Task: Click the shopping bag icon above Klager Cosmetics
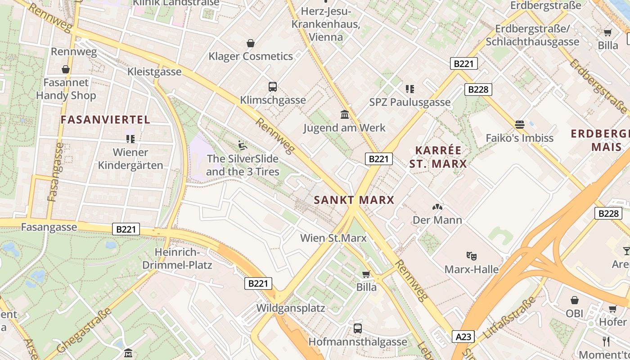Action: tap(251, 43)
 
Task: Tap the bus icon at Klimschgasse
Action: tap(272, 87)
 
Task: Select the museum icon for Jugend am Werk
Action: tap(345, 114)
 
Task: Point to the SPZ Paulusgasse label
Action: tap(409, 102)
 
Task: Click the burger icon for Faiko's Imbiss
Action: tap(520, 124)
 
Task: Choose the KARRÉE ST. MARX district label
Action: tap(438, 157)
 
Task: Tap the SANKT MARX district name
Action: tap(354, 200)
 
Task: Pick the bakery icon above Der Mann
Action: tap(437, 207)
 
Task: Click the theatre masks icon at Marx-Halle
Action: tap(471, 256)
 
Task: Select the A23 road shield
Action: tap(463, 336)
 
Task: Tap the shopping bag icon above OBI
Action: tap(574, 300)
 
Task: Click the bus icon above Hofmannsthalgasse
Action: tap(357, 328)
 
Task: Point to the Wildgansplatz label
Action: tap(291, 308)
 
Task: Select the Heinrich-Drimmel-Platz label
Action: tap(177, 258)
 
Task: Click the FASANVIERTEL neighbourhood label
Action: tap(105, 120)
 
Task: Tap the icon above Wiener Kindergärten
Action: tap(130, 139)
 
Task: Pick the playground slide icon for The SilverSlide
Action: tap(242, 145)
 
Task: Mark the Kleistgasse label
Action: tap(154, 72)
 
